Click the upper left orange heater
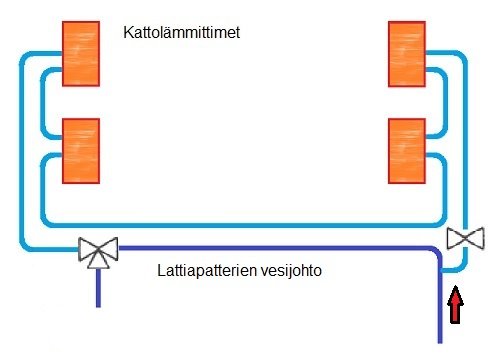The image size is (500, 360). [x=80, y=52]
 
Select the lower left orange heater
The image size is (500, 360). [x=80, y=150]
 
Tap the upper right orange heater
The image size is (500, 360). [x=408, y=53]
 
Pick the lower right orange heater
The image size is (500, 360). [x=408, y=150]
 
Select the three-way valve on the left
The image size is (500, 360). [x=98, y=250]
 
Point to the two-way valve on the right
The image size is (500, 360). [x=465, y=238]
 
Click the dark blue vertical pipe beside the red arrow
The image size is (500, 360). [x=439, y=310]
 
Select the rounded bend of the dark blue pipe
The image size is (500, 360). [x=434, y=255]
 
